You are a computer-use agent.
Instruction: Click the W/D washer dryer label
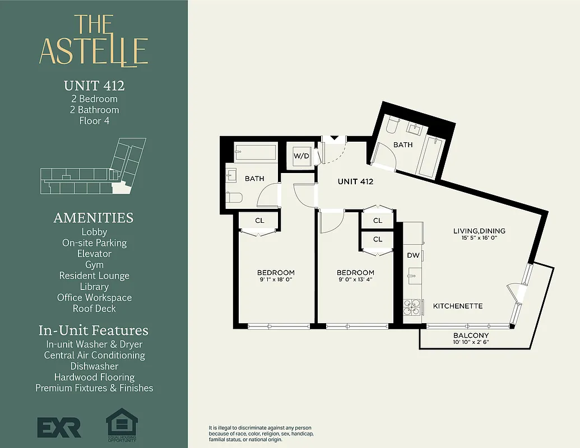click(x=301, y=156)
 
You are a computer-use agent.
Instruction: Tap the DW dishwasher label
click(x=413, y=255)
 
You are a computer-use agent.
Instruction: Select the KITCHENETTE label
click(x=458, y=306)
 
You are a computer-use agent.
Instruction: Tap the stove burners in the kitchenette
click(x=412, y=306)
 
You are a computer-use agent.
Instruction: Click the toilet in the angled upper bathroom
click(x=392, y=124)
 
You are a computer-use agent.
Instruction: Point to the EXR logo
click(x=59, y=427)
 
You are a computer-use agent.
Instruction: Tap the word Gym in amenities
click(x=94, y=264)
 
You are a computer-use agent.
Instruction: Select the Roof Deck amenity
click(x=94, y=308)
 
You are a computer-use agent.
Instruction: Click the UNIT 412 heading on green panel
click(x=94, y=86)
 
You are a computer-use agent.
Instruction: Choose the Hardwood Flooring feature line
click(x=94, y=377)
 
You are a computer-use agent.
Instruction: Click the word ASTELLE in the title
click(x=94, y=52)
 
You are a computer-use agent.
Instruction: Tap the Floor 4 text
click(x=94, y=120)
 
